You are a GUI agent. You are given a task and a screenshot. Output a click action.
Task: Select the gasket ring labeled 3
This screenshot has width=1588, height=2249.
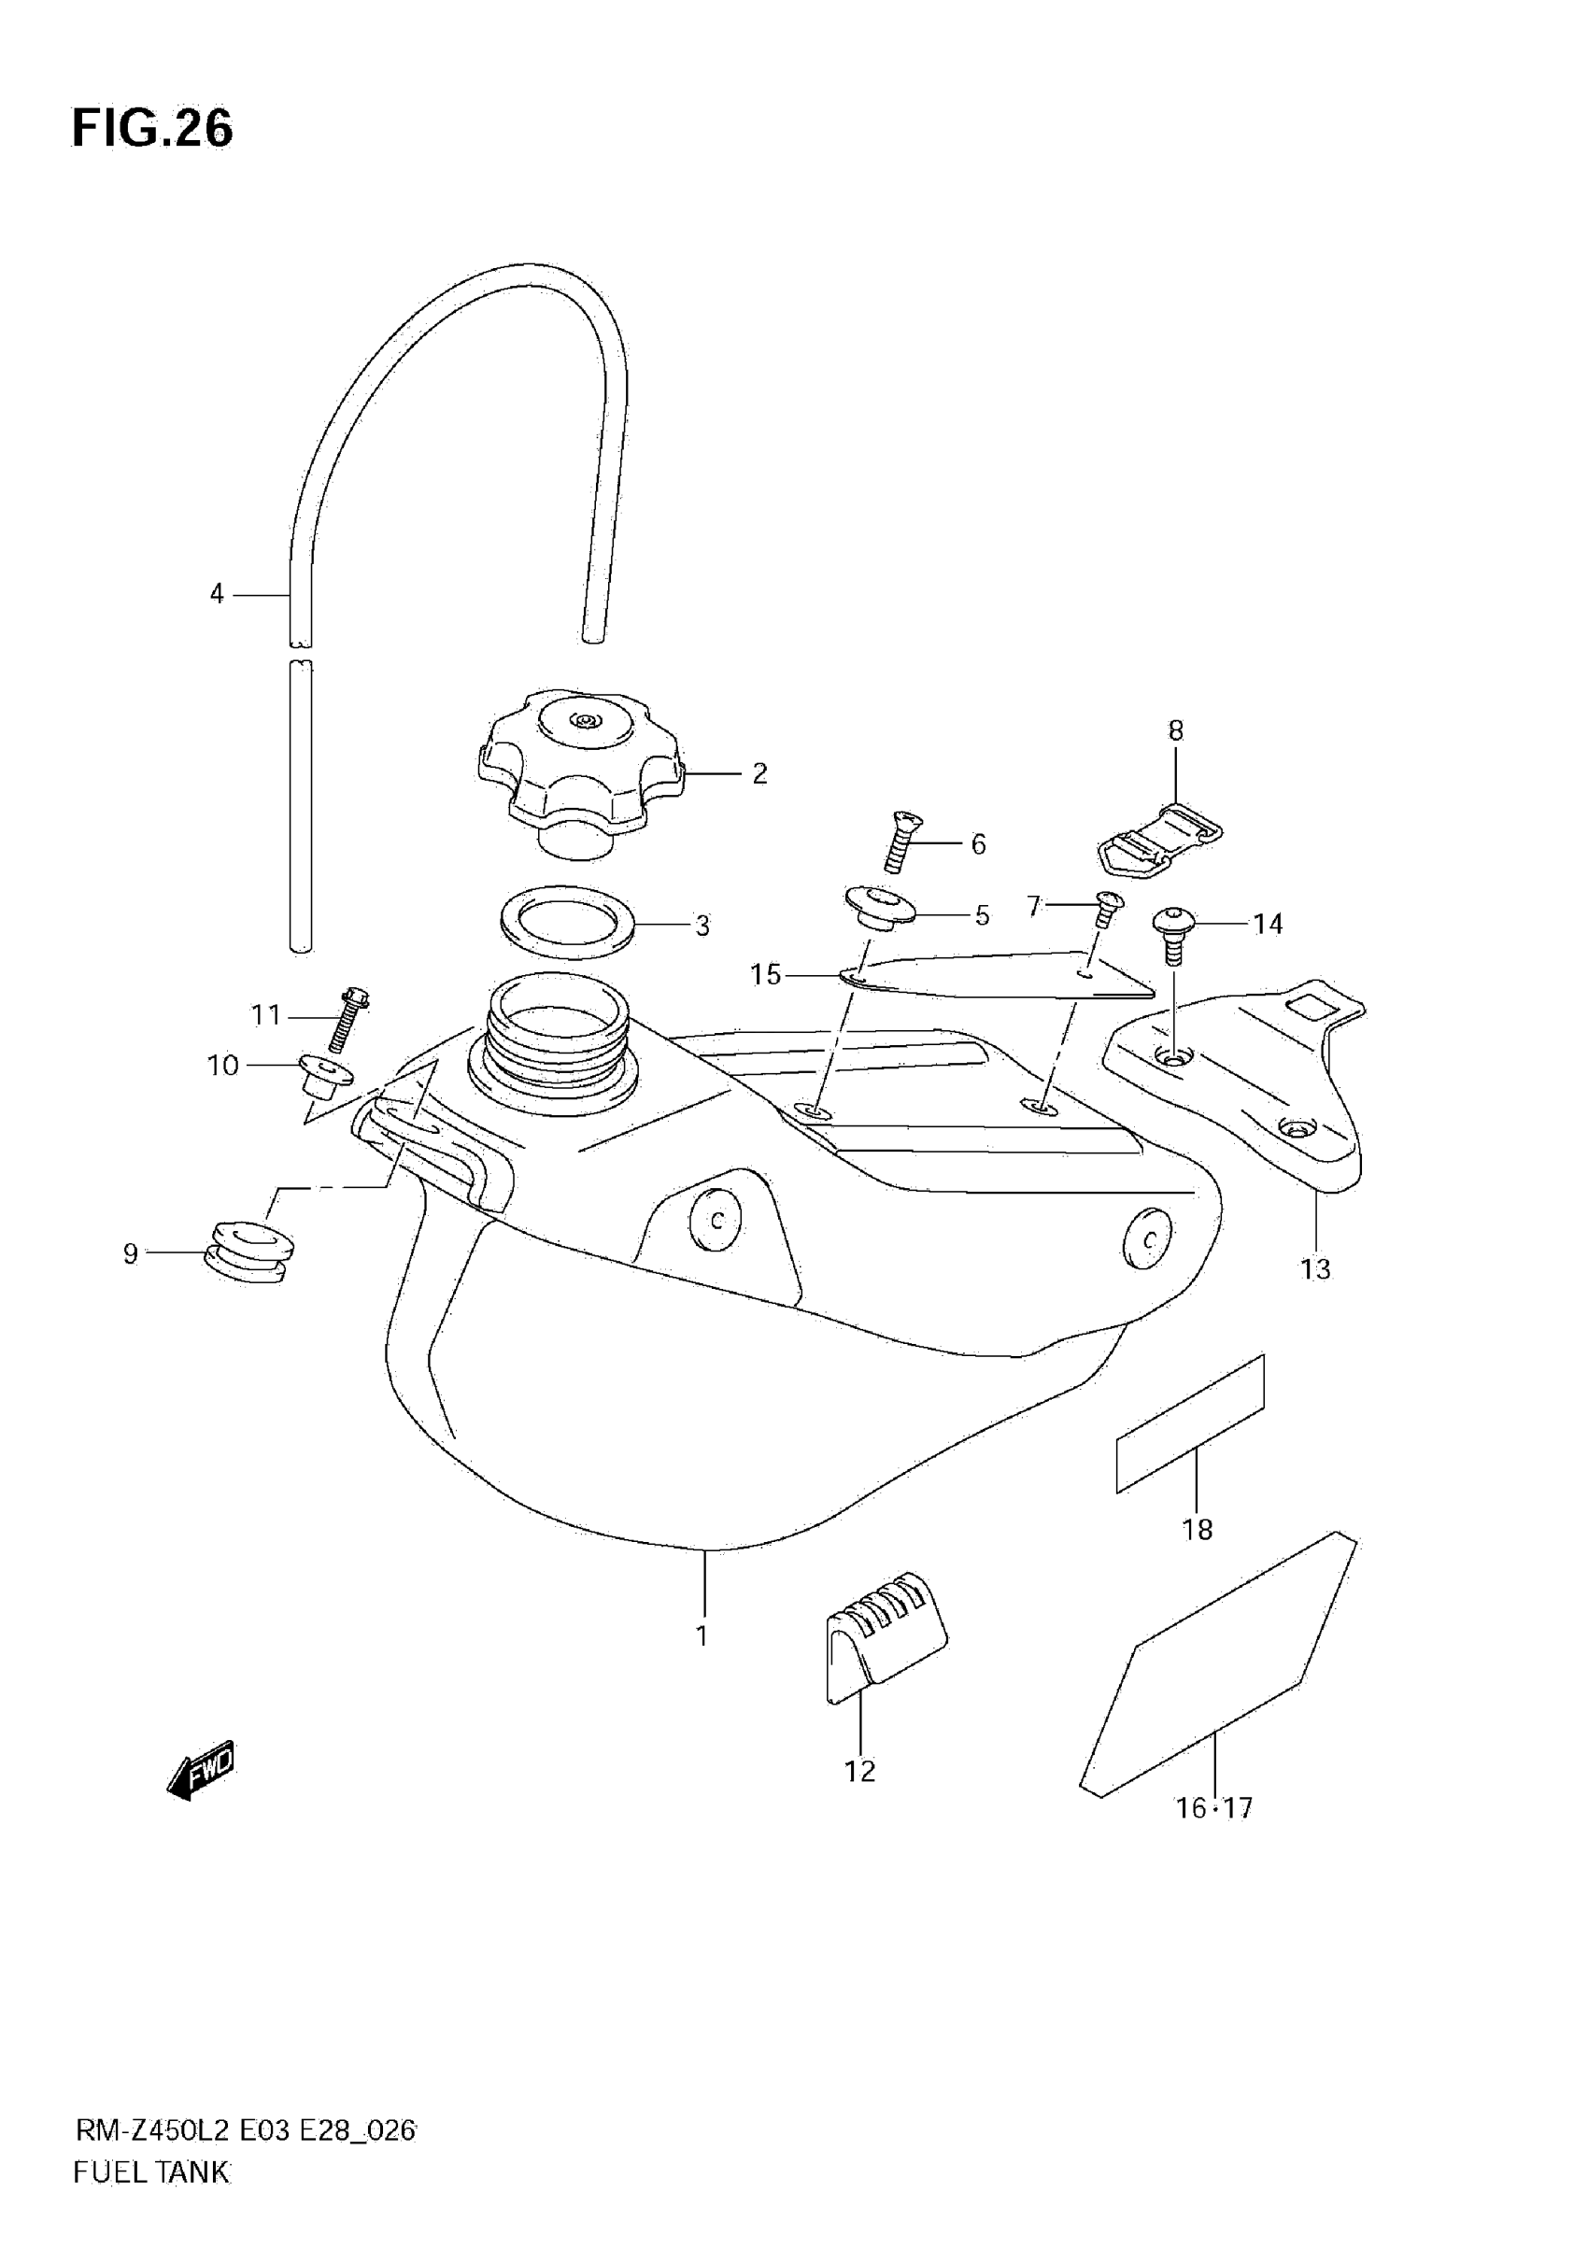567,923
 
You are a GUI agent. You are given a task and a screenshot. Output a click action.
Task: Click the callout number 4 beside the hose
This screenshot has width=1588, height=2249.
217,594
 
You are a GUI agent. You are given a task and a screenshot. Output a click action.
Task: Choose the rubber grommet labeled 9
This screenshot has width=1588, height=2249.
247,1252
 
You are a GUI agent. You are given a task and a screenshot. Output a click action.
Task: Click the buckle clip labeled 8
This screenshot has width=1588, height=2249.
1158,841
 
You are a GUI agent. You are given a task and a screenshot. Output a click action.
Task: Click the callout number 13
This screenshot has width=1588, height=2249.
1314,1268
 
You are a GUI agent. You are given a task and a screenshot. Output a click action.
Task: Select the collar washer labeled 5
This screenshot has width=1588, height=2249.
879,909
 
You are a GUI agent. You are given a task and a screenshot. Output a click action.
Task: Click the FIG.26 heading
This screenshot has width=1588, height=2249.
153,128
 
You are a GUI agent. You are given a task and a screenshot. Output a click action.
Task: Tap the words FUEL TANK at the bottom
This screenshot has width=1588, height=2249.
151,2171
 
